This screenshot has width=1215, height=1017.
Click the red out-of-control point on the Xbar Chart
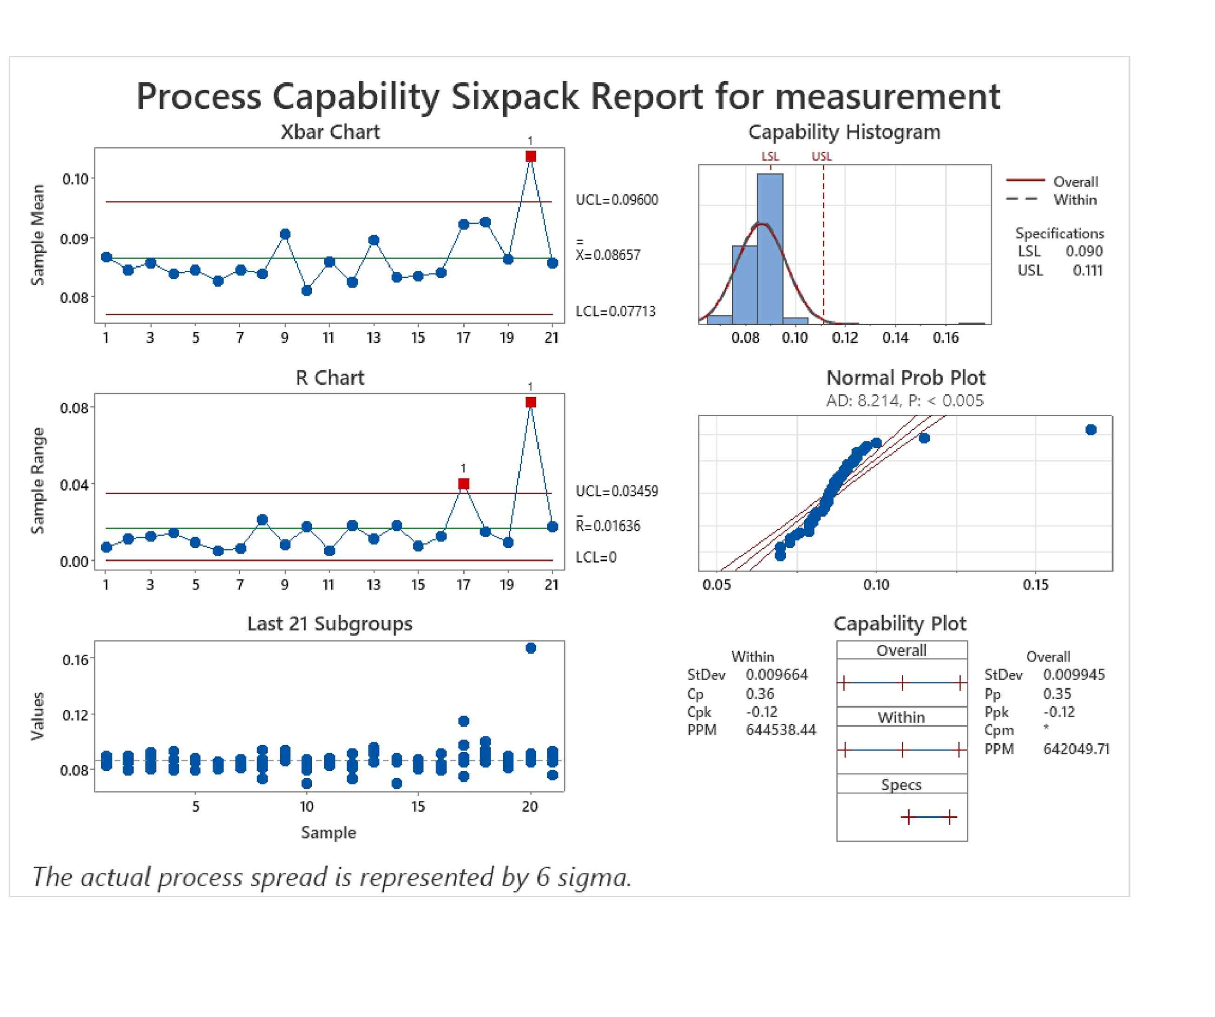(x=531, y=156)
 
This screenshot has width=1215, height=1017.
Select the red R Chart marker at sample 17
(x=463, y=484)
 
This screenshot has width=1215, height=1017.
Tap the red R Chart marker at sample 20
(x=531, y=402)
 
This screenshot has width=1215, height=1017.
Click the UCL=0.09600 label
(x=617, y=200)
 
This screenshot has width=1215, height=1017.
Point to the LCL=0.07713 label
(x=616, y=311)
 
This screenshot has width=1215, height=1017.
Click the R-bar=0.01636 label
(x=608, y=525)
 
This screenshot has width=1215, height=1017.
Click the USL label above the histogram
(x=821, y=156)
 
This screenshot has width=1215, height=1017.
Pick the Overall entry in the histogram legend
(x=1075, y=182)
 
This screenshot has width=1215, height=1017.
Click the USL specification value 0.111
(x=1087, y=270)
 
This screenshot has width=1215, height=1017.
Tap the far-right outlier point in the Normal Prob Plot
(x=1090, y=430)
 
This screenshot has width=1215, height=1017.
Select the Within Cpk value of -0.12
(x=762, y=712)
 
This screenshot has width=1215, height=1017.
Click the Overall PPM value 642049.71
(x=1076, y=748)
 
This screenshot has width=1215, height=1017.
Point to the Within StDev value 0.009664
(x=776, y=675)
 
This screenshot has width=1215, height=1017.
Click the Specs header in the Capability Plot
(x=901, y=784)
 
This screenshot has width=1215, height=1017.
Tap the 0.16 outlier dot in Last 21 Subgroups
(x=531, y=648)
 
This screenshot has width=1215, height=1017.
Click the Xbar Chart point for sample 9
(x=285, y=234)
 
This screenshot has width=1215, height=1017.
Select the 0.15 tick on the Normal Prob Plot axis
(x=1035, y=584)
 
